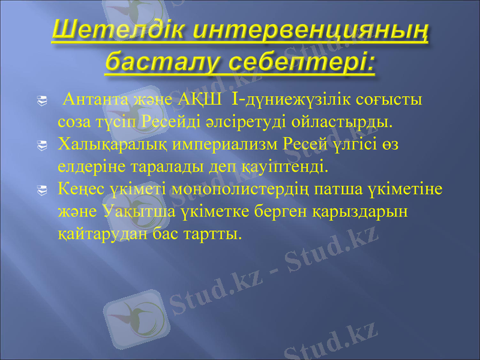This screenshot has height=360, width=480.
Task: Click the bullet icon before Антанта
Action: pyautogui.click(x=41, y=101)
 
